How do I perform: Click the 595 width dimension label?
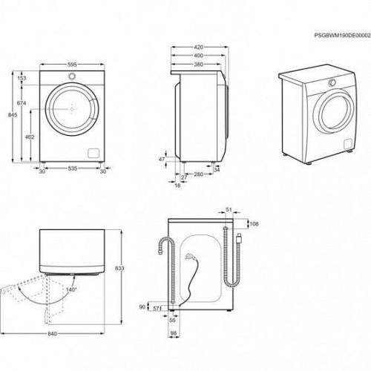[x=72, y=65]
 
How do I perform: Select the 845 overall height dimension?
[x=13, y=115]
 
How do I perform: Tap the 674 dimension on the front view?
[x=22, y=103]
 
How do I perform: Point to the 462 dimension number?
[x=30, y=137]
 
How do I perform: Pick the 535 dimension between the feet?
[x=73, y=168]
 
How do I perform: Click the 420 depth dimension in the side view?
[x=199, y=47]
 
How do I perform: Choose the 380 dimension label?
[x=198, y=65]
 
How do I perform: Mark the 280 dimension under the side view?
[x=198, y=174]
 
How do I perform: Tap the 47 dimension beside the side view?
[x=162, y=160]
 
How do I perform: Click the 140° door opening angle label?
[x=71, y=289]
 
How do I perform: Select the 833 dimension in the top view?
[x=119, y=268]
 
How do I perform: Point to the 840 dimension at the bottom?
[x=52, y=334]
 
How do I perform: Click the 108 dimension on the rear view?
[x=254, y=224]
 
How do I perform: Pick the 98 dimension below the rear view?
[x=174, y=333]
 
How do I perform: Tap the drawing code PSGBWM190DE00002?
[x=343, y=36]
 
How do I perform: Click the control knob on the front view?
[x=72, y=76]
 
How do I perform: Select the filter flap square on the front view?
[x=93, y=153]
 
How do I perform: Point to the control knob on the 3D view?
[x=332, y=82]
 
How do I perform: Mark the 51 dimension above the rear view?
[x=229, y=209]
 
